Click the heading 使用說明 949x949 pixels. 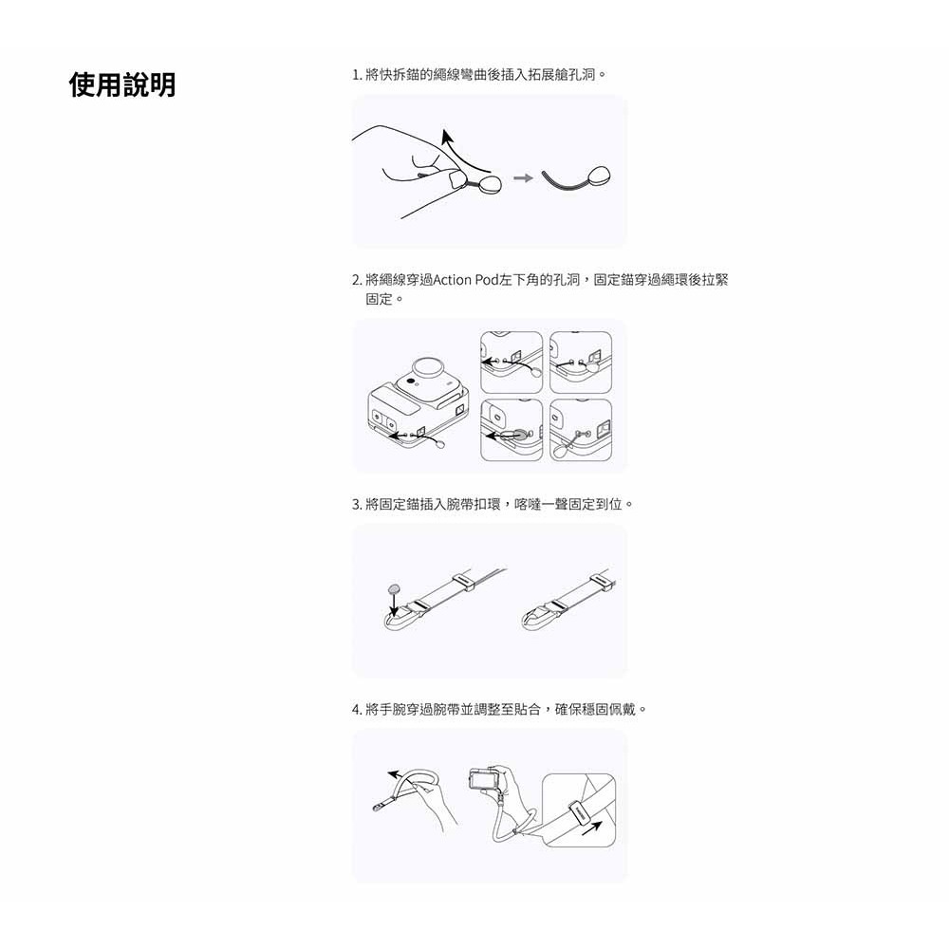click(x=122, y=84)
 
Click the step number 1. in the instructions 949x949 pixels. click(x=357, y=75)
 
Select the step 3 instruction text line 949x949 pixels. click(x=492, y=504)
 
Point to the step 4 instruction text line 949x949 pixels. click(x=499, y=709)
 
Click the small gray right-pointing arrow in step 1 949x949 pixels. click(x=523, y=178)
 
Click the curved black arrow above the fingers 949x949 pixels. click(x=463, y=151)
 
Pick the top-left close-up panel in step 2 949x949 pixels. click(x=512, y=363)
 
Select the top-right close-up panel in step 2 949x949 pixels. click(x=581, y=363)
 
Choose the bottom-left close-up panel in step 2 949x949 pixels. click(x=512, y=430)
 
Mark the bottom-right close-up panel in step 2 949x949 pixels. click(x=581, y=430)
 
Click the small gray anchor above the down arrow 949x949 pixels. click(x=394, y=588)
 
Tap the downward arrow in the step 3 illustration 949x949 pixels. click(x=395, y=605)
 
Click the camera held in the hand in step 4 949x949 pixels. click(x=481, y=779)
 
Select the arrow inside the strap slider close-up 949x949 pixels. click(x=592, y=828)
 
